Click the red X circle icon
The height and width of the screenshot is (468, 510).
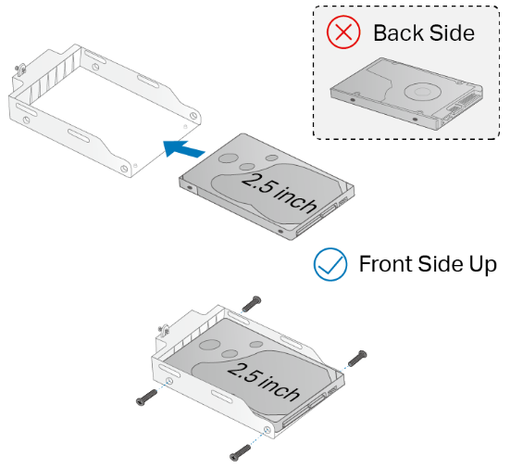coord(344,32)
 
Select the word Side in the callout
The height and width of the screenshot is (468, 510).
coord(449,33)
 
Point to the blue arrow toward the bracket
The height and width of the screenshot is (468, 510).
coord(184,145)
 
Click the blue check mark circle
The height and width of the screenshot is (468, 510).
coord(330,263)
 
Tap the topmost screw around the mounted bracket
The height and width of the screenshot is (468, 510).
coord(252,302)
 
